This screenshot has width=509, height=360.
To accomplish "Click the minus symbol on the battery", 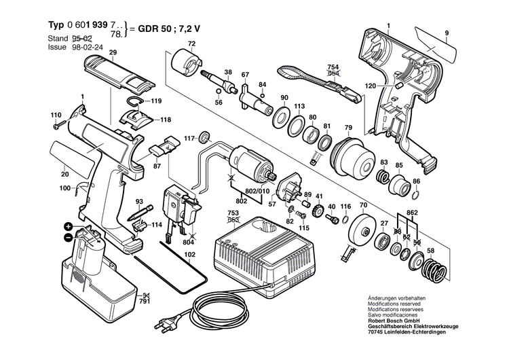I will coord(68,236).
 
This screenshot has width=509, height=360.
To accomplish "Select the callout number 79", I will coord(348,128).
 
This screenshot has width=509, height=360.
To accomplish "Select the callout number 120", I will coord(370,87).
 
